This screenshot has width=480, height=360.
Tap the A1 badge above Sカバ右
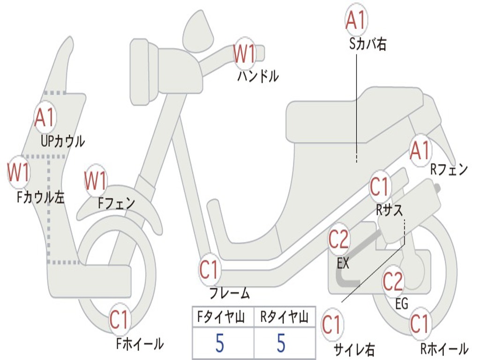point(355,20)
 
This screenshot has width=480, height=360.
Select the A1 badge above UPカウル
point(45,118)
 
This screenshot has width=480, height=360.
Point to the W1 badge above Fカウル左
point(19,172)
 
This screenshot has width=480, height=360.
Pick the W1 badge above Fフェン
point(96,180)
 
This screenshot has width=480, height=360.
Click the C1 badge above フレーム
point(210,270)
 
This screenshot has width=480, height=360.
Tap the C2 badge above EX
point(338,240)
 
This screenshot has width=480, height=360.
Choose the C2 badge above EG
point(393,281)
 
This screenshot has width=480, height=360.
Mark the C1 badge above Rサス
point(380,187)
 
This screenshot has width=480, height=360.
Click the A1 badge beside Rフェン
point(420,150)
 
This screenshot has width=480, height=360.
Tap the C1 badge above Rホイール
point(419,324)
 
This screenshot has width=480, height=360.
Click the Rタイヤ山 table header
point(284,318)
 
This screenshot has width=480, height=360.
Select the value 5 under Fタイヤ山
point(220,344)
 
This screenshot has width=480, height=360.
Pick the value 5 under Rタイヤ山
point(281,344)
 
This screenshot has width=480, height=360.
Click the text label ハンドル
point(258,76)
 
